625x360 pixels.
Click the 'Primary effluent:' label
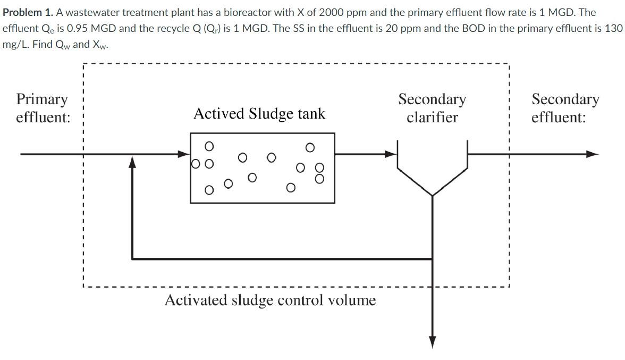(x=43, y=108)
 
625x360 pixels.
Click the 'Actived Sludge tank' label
(x=259, y=113)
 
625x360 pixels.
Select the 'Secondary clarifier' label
(x=432, y=108)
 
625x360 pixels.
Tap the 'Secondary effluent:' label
(x=565, y=108)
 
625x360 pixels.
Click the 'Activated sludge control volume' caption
(x=270, y=300)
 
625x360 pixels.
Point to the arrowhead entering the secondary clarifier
(x=392, y=154)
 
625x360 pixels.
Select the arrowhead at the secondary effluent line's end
(x=593, y=154)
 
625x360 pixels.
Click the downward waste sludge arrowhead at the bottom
(x=433, y=341)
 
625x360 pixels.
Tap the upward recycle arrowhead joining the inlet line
(x=132, y=161)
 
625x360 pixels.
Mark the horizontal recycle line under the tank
(x=282, y=259)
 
